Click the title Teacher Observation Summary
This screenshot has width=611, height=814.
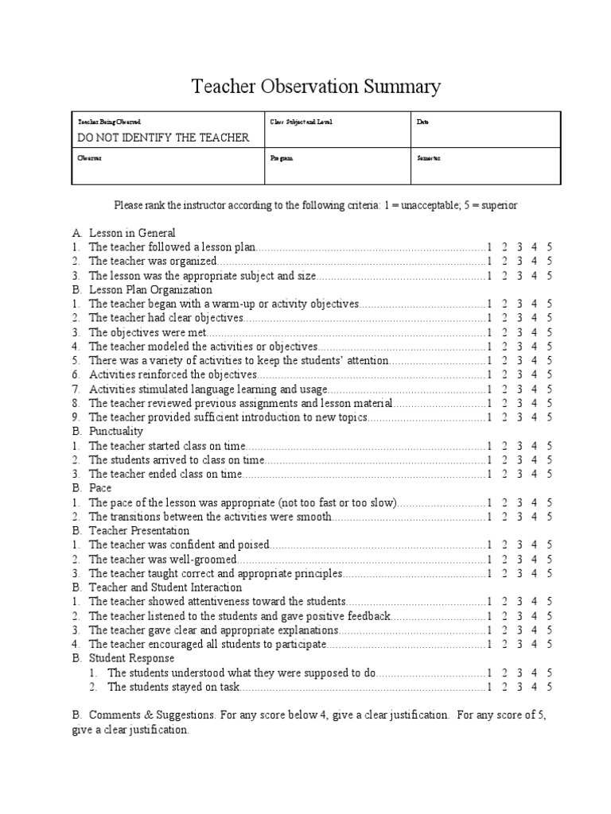tap(316, 87)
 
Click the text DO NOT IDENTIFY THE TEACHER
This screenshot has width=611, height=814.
tap(163, 138)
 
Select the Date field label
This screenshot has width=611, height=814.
tap(422, 122)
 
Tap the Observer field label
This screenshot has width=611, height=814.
tap(89, 158)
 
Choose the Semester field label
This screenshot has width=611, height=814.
tap(429, 158)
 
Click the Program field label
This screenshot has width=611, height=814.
tap(282, 158)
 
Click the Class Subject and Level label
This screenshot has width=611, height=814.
tap(302, 122)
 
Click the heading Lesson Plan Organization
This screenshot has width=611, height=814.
tap(150, 290)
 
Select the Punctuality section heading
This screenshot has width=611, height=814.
tap(116, 431)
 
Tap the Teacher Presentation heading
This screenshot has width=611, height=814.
tap(139, 530)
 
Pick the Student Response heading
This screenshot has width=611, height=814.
tap(131, 658)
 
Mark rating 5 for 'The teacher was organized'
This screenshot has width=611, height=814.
tap(549, 262)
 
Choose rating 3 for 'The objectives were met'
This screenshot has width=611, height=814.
tap(519, 332)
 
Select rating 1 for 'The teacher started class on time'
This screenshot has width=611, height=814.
tap(490, 446)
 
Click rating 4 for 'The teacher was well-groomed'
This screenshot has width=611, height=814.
tap(534, 559)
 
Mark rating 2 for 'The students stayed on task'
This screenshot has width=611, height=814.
tap(504, 687)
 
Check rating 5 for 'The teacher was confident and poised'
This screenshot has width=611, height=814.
tap(549, 545)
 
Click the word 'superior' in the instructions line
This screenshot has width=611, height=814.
tap(499, 205)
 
